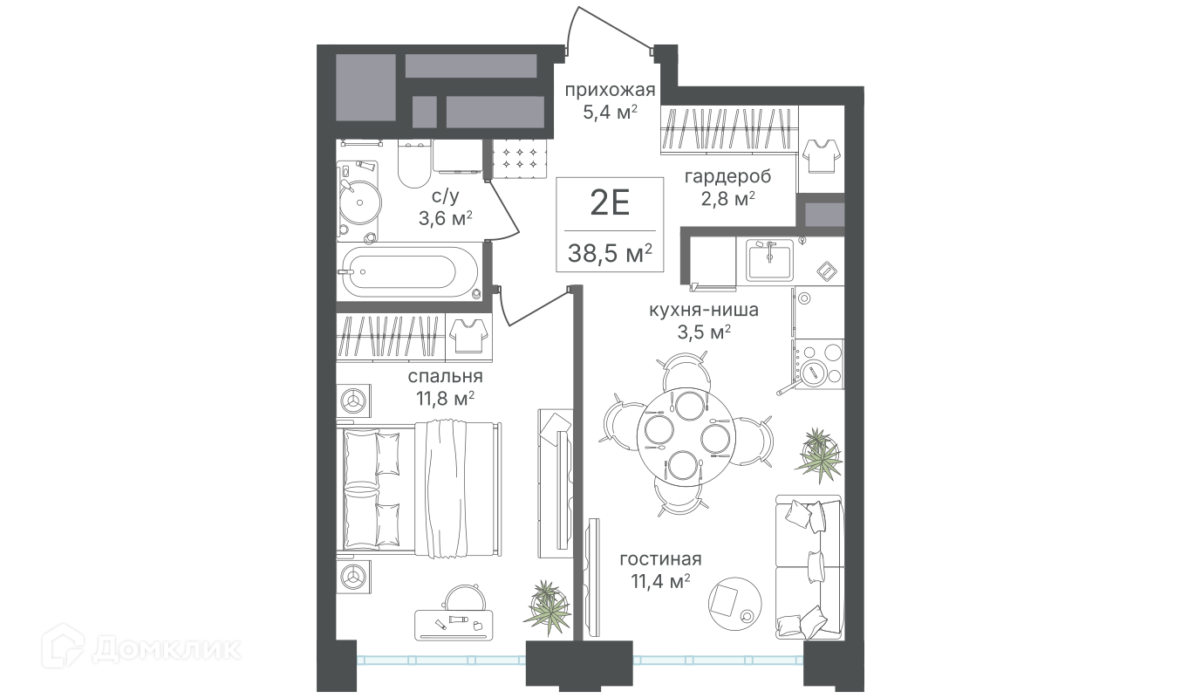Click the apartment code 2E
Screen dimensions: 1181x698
click(610, 203)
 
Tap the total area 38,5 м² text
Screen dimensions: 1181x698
click(610, 253)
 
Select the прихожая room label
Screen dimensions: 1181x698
click(610, 90)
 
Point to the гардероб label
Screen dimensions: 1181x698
click(727, 176)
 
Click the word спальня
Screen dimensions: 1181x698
click(445, 376)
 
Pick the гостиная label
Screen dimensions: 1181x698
click(660, 558)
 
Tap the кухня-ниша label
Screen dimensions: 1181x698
click(703, 310)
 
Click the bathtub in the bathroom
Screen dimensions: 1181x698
click(410, 272)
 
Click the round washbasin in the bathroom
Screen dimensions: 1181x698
click(359, 202)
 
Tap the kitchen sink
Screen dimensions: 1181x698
click(769, 260)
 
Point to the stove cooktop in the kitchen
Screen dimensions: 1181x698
click(819, 364)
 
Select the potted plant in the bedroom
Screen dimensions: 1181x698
click(547, 607)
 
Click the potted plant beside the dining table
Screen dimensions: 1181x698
click(819, 455)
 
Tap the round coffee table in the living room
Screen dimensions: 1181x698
click(734, 603)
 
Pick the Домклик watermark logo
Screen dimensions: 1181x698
click(141, 649)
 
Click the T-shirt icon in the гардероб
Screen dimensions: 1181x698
click(821, 156)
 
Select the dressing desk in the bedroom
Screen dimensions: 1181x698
click(454, 626)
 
